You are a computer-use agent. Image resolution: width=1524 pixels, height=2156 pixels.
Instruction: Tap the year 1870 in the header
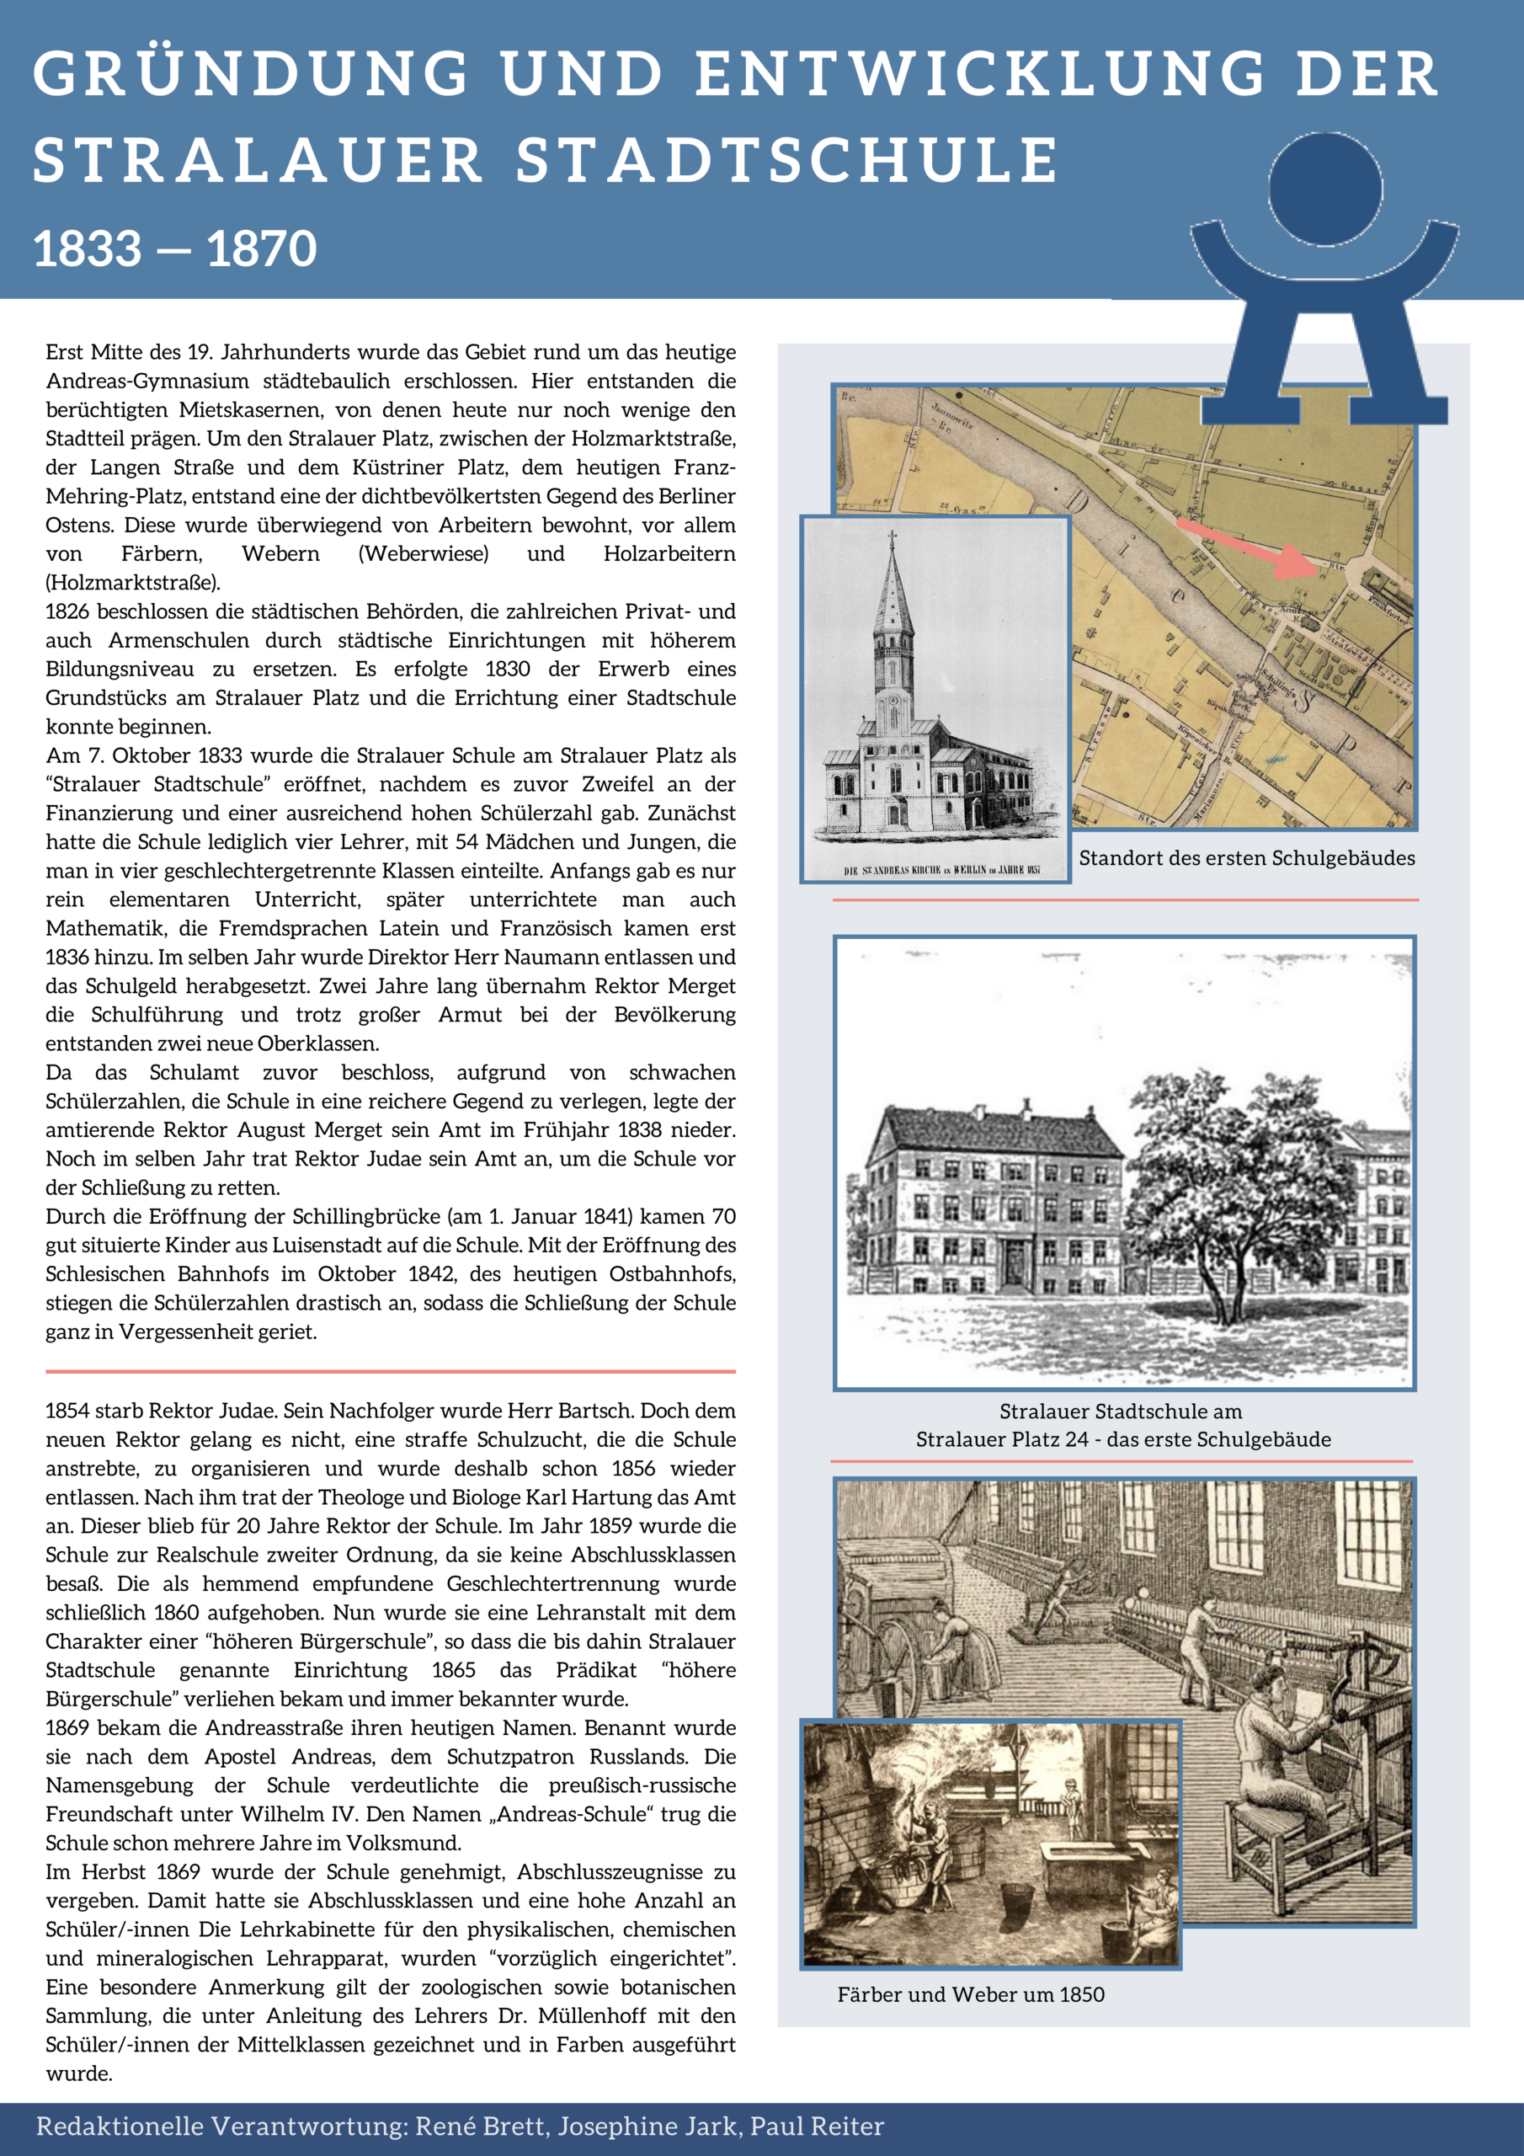click(262, 248)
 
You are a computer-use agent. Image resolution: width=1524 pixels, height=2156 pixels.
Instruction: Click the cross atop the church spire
click(891, 538)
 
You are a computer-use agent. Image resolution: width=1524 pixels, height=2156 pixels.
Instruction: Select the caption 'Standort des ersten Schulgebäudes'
click(1246, 857)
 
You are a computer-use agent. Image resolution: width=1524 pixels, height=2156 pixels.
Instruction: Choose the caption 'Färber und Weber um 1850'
click(970, 1993)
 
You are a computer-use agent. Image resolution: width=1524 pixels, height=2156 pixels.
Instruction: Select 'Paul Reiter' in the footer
click(816, 2125)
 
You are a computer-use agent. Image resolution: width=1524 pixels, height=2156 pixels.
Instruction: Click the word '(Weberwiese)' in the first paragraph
click(424, 553)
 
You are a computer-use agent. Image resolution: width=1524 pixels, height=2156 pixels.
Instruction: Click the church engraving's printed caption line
click(941, 871)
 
